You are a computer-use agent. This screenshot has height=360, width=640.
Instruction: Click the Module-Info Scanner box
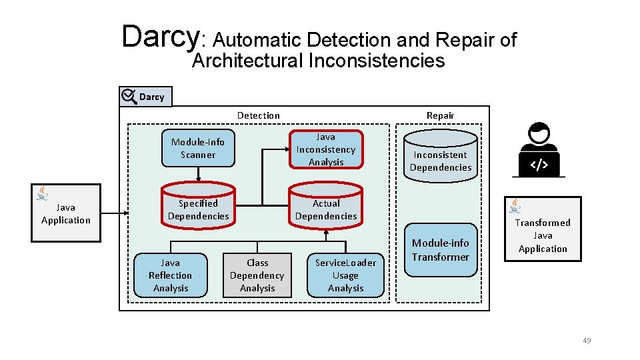[198, 148]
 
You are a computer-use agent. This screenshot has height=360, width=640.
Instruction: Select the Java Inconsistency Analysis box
[326, 149]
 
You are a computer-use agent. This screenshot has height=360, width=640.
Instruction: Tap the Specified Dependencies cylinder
[198, 210]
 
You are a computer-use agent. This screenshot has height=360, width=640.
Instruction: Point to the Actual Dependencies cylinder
[326, 210]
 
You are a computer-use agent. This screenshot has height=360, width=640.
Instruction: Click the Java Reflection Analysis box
[170, 275]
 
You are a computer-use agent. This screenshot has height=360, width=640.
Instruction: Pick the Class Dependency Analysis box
[257, 275]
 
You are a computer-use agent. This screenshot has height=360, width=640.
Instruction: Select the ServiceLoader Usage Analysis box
[345, 275]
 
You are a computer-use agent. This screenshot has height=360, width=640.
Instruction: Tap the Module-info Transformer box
[441, 249]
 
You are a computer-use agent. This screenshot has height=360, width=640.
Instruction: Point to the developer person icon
[539, 150]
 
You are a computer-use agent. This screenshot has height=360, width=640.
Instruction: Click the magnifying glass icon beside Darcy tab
[129, 97]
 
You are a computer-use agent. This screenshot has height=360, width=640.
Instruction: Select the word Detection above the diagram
[259, 115]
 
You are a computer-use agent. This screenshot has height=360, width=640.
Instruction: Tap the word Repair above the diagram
[440, 115]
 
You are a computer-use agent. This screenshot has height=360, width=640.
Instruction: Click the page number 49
[587, 341]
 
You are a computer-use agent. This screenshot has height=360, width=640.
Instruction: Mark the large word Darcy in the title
[160, 37]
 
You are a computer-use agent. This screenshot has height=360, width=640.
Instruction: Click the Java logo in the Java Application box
[43, 193]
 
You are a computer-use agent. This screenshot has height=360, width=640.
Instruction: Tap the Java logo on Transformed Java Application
[516, 206]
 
